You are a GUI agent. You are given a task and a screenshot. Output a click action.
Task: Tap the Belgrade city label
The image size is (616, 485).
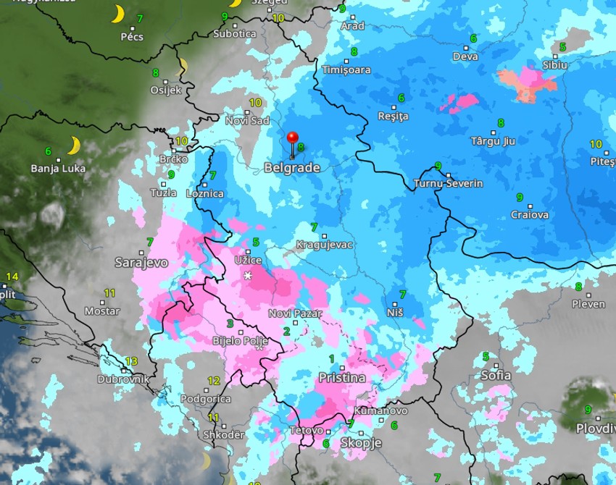(292, 167)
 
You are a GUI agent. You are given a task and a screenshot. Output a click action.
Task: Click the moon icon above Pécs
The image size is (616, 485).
(117, 14)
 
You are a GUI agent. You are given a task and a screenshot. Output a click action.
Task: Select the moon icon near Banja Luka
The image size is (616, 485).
(73, 146)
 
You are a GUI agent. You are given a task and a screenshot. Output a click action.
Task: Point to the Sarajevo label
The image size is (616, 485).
(141, 262)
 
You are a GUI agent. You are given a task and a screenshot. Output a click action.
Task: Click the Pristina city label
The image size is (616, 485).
(342, 378)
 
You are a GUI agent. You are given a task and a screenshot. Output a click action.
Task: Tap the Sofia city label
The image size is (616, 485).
(496, 375)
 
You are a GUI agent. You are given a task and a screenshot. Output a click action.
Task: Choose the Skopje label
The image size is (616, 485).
(361, 443)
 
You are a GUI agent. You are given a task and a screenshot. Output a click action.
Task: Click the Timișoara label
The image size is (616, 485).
(347, 70)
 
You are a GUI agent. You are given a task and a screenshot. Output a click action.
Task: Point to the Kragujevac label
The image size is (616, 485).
(325, 245)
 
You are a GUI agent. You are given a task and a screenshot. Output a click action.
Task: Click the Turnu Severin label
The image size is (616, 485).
(449, 184)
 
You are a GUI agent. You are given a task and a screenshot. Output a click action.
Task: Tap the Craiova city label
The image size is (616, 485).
(530, 215)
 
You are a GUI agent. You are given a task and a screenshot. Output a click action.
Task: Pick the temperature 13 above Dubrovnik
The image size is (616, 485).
(131, 361)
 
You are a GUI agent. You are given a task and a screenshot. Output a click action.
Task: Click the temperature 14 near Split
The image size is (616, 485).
(12, 277)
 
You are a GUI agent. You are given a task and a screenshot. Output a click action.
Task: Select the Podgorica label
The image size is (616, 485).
(205, 399)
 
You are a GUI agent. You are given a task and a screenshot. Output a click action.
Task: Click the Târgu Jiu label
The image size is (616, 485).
(493, 141)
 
